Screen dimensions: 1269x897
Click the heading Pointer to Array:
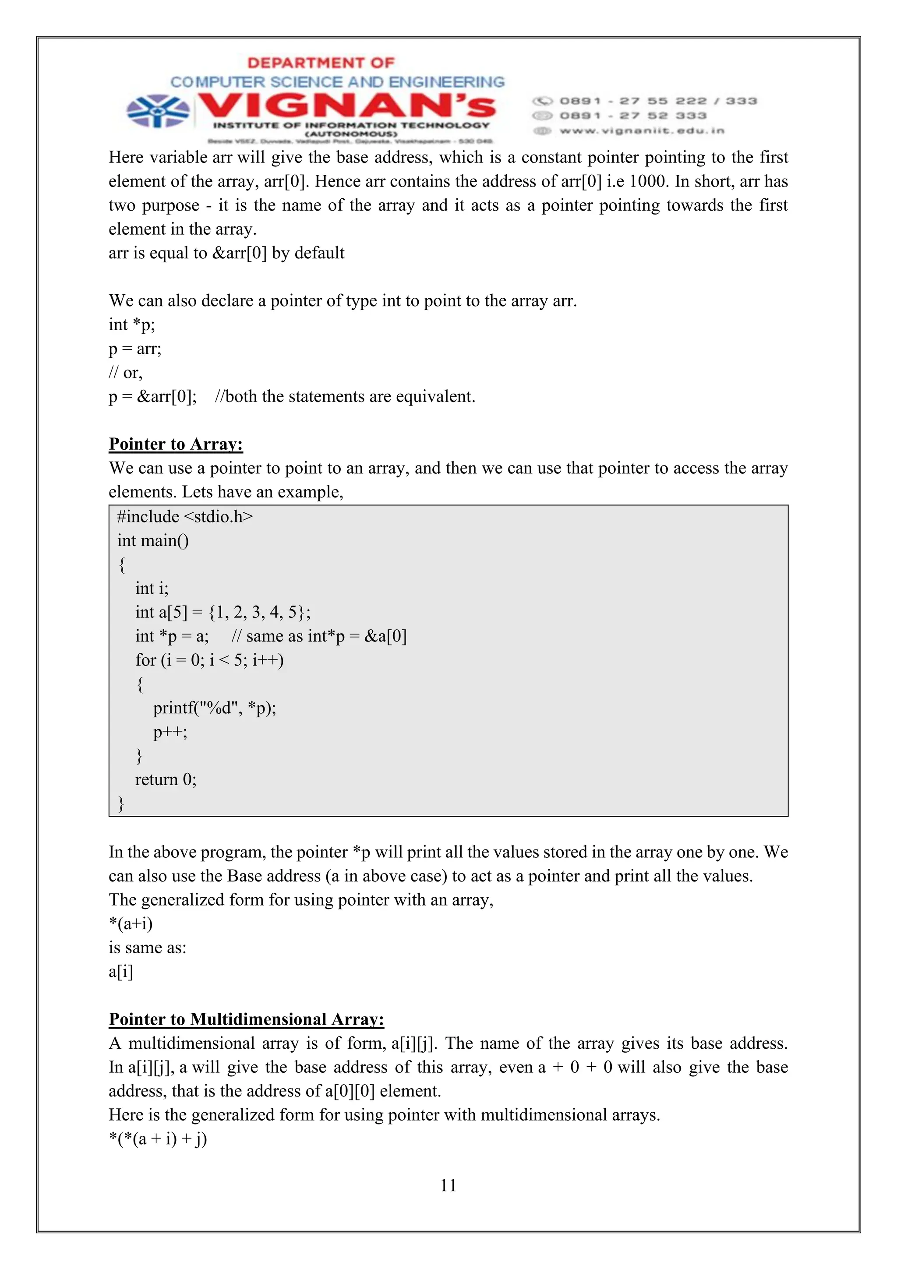pos(176,444)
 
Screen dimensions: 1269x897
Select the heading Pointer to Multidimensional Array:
pos(246,1019)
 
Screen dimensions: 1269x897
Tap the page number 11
pos(448,1185)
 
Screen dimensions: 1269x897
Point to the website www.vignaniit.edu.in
pos(641,131)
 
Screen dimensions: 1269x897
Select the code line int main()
pos(153,540)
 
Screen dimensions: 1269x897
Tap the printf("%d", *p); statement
pos(215,708)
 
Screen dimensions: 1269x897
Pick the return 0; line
pos(166,779)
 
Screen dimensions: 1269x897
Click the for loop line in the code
pos(209,660)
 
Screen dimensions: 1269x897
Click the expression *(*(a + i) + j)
pos(158,1139)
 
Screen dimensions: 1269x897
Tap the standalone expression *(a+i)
pos(131,924)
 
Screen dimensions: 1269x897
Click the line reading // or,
pos(125,373)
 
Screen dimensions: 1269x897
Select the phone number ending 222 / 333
pos(658,101)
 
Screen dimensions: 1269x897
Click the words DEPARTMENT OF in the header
pos(321,63)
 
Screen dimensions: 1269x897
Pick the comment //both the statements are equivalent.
pos(345,397)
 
